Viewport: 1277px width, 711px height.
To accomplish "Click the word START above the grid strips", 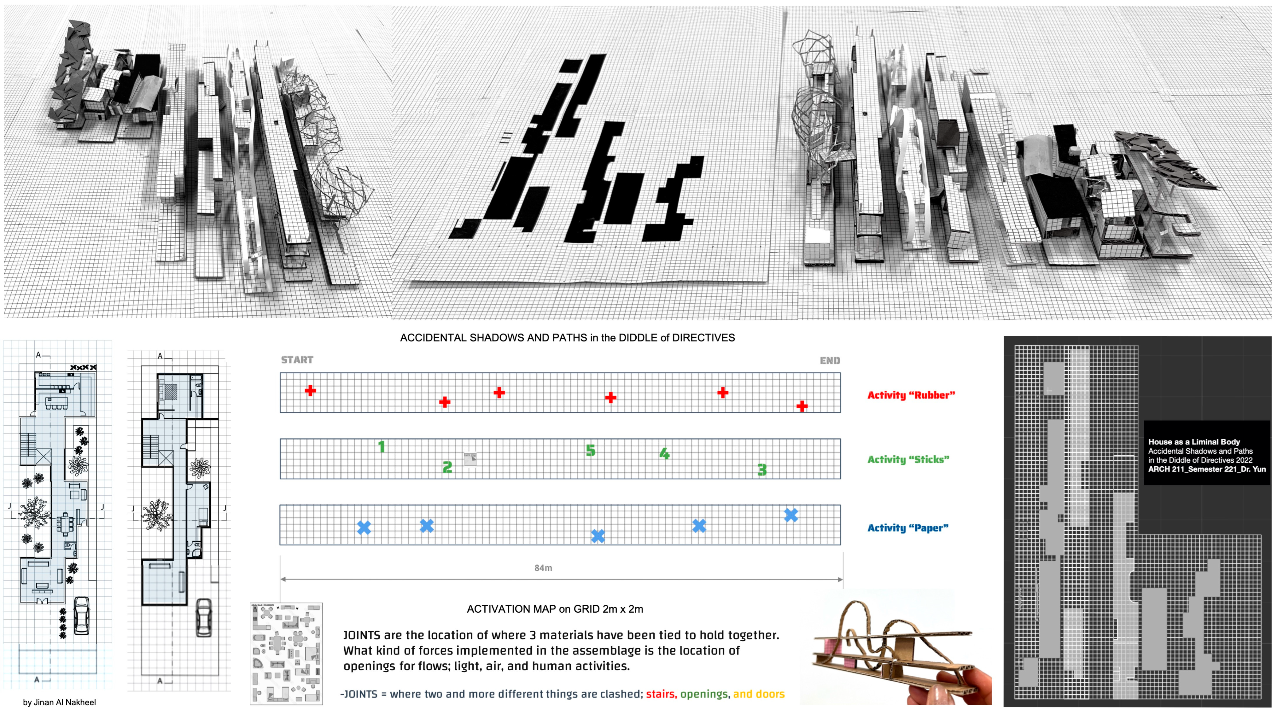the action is coord(297,360).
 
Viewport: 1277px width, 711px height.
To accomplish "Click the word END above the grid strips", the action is coord(830,361).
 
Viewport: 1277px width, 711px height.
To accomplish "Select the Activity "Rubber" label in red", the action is coord(911,395).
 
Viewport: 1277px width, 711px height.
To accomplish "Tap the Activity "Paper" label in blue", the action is coord(908,528).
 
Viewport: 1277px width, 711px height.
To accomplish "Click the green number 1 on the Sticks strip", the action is coord(381,447).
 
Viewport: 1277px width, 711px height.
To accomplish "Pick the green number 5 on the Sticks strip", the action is coord(590,451).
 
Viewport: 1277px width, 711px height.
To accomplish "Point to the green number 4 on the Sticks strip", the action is coord(664,453).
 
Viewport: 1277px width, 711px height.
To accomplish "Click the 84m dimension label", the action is coord(543,568).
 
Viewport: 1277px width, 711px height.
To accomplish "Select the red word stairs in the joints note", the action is coord(661,694).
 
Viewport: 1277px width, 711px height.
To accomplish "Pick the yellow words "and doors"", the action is coord(759,694).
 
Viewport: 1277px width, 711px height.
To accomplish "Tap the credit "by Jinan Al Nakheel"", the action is coord(60,702).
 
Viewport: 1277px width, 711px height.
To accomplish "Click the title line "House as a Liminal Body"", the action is coord(1194,442).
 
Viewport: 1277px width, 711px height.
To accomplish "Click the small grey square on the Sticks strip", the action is coord(470,459).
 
